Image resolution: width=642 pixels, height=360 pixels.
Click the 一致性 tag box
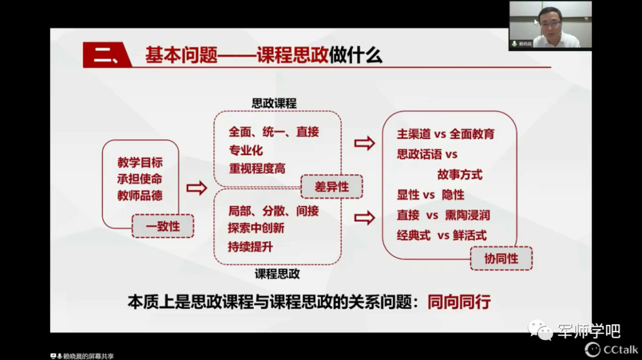162,226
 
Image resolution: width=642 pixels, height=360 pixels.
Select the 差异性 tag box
331,187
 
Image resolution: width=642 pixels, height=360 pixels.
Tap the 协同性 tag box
501,258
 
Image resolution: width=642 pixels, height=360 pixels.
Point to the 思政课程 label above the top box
274,103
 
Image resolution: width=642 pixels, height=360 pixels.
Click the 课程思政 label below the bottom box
277,274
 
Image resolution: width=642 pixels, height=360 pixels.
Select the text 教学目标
140,163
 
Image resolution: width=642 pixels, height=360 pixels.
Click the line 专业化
246,150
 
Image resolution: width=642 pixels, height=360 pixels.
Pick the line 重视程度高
257,169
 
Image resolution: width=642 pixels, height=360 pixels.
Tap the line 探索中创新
256,228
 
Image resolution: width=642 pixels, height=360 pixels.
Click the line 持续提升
250,247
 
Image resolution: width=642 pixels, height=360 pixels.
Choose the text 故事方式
460,175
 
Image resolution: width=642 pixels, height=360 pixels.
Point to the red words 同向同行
459,302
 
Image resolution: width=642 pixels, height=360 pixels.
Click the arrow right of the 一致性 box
197,188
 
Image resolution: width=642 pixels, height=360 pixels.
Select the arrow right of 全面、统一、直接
364,143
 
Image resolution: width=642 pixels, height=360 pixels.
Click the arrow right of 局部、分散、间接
364,218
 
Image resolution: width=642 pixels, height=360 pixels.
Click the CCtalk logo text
620,349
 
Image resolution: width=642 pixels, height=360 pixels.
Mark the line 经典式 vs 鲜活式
441,235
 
